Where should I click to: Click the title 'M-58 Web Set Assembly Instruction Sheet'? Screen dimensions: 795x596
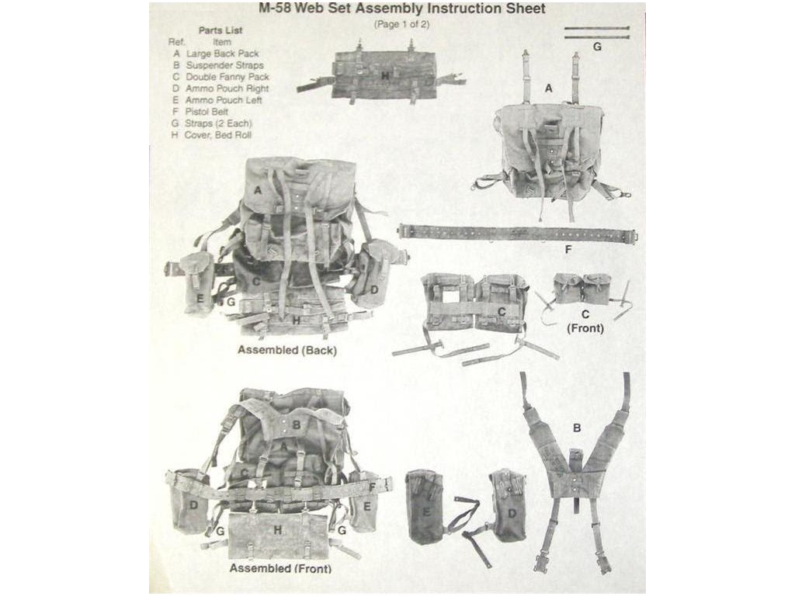pos(401,9)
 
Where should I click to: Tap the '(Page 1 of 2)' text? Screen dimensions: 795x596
pos(401,24)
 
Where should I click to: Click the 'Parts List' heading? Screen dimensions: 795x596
pos(220,30)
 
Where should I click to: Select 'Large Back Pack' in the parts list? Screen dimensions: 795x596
pos(223,54)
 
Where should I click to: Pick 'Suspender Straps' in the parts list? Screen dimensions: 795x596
pos(224,65)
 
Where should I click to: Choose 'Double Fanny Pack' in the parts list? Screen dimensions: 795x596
pos(227,77)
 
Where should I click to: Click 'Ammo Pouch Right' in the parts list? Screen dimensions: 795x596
pos(227,88)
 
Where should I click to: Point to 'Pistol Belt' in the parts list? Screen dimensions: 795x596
pos(207,112)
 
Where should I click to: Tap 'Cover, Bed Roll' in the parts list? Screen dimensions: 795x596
pos(217,135)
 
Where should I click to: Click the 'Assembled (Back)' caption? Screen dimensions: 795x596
pos(287,350)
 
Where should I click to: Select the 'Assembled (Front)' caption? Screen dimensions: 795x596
pos(280,568)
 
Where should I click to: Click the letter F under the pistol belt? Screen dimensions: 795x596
pos(568,249)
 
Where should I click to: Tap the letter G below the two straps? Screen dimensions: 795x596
pos(597,47)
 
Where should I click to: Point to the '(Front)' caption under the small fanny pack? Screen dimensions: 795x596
pos(585,328)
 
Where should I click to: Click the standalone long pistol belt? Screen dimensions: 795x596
pos(518,233)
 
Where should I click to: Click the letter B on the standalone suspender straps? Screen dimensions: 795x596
pos(577,428)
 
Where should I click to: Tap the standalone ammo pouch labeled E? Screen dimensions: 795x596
pos(426,506)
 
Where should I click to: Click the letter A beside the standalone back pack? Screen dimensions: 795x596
pos(548,88)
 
